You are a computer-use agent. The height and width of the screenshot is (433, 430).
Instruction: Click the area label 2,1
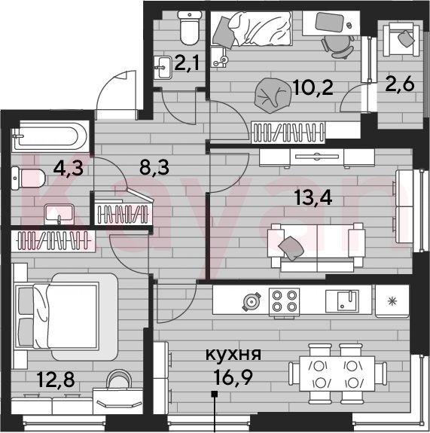pos(187,63)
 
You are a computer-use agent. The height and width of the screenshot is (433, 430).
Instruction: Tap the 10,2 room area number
pos(313,87)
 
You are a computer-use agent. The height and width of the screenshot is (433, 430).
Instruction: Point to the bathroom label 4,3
pos(69,168)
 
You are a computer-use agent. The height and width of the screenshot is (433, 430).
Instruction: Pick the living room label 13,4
pos(313,197)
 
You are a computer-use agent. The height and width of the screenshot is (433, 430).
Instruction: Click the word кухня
pos(233,354)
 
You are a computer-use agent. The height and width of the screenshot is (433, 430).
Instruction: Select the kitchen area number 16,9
pos(233,377)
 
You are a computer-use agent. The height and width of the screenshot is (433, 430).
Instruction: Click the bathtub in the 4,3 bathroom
pos(50,136)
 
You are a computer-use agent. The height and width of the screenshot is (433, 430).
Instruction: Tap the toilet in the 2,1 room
pos(190,28)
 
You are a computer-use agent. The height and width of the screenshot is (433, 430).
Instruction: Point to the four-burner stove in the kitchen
pos(284,302)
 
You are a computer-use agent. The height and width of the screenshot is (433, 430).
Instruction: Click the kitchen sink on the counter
pos(342,300)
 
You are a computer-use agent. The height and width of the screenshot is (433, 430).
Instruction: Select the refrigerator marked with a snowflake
pos(392,300)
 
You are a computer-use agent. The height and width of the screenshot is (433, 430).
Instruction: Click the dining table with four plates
pos(337,374)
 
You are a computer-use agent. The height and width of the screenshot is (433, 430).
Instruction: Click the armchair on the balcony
pos(401,39)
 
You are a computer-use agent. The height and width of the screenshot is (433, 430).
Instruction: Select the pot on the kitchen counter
pos(252,302)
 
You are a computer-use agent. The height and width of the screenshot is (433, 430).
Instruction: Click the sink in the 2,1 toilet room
pos(163,67)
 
